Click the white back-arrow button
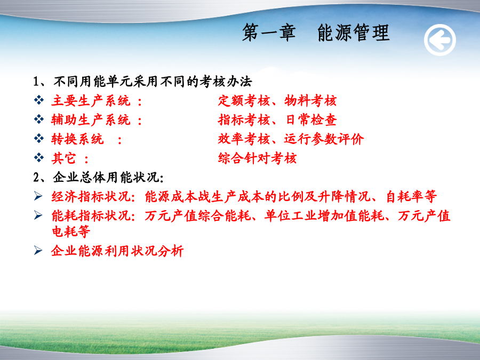[439, 40]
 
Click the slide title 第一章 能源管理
[316, 33]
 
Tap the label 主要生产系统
[91, 101]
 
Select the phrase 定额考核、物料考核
[277, 101]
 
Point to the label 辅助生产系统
[91, 119]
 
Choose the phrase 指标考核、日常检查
[277, 119]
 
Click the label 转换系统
[77, 139]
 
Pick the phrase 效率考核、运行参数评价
[291, 139]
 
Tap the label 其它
[63, 158]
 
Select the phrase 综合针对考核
[257, 158]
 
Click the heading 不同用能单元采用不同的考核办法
[153, 82]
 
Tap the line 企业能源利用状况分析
[117, 251]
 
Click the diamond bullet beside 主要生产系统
[39, 100]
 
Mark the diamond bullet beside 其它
[39, 158]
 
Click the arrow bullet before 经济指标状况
[38, 196]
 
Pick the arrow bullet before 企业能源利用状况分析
[38, 251]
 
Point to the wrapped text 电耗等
[71, 231]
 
